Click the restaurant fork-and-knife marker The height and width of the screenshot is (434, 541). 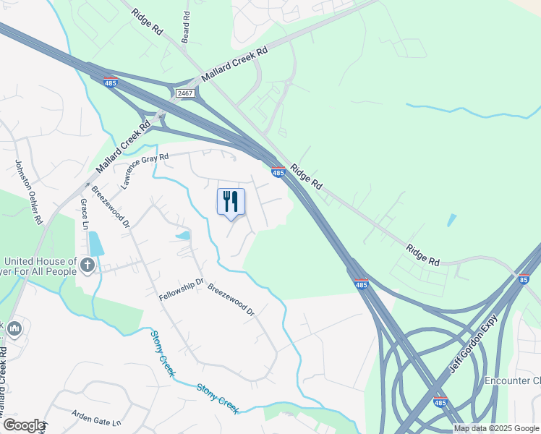(x=231, y=201)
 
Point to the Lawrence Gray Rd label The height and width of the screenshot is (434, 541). (x=144, y=170)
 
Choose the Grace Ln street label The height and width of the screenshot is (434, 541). (x=85, y=214)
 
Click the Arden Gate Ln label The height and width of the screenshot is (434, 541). (x=95, y=417)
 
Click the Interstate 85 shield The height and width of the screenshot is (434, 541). (x=524, y=278)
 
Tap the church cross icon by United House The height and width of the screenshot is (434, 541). (x=88, y=265)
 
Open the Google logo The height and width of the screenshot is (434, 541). (x=23, y=425)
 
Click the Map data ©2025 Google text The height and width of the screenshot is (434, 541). (x=496, y=428)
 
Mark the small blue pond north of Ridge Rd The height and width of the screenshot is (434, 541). (x=452, y=220)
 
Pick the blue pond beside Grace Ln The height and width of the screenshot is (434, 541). (x=95, y=244)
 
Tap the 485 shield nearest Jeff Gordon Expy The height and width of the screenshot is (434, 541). (x=440, y=401)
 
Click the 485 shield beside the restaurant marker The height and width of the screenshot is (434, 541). (x=278, y=171)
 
